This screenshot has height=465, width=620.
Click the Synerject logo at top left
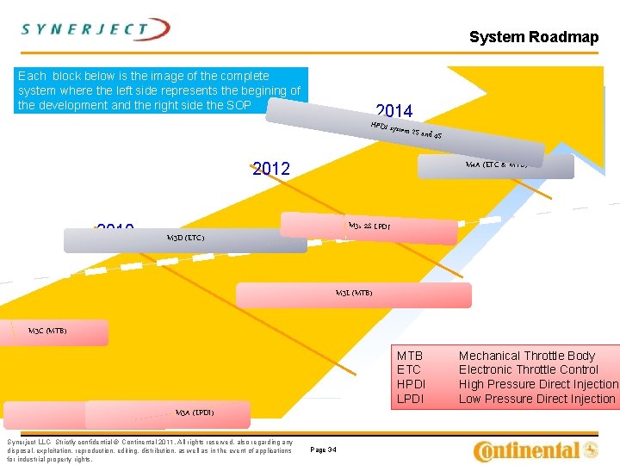coord(95,29)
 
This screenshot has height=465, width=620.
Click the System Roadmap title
coord(533,37)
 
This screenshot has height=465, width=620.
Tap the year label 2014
coord(394,111)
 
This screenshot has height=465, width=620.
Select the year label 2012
coord(271,169)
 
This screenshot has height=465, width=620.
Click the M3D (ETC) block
coord(185,239)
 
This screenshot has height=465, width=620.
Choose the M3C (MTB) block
coord(57,332)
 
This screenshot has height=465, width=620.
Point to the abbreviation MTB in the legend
coord(409,356)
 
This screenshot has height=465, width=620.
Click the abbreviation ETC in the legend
coord(408,369)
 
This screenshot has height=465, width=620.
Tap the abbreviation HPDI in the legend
coord(412,384)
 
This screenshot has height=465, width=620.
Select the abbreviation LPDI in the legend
coord(411,399)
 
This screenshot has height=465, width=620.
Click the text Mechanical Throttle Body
coord(526,356)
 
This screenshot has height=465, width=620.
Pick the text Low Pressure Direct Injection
coord(536,399)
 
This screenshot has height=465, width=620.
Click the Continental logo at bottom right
coord(536,449)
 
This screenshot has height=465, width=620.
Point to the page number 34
coord(323,449)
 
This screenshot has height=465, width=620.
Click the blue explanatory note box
coord(161,90)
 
